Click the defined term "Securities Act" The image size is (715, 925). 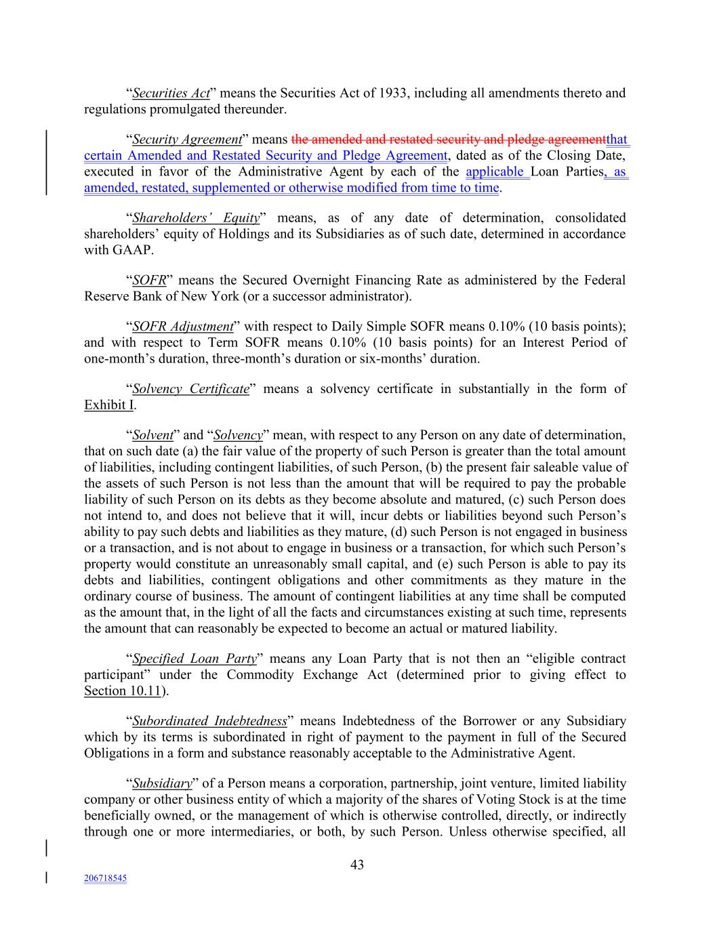(171, 93)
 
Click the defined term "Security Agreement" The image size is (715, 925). (187, 140)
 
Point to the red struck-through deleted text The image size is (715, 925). (448, 140)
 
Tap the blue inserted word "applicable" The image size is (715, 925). (496, 171)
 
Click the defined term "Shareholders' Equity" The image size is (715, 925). (196, 218)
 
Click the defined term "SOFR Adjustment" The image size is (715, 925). (182, 327)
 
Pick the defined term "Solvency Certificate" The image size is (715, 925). (191, 389)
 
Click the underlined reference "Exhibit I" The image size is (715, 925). (108, 405)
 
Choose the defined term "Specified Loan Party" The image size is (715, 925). (195, 659)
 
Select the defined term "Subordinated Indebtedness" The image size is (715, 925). (209, 721)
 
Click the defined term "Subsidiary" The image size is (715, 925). (162, 783)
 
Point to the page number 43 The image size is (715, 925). (357, 865)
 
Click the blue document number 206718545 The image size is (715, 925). (105, 878)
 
